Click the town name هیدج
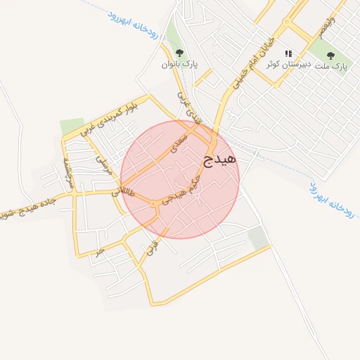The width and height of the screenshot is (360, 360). (x=220, y=160)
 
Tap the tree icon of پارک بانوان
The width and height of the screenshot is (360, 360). (x=179, y=53)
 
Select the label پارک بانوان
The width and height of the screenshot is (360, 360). (x=179, y=65)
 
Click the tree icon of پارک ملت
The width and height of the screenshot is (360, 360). (x=330, y=56)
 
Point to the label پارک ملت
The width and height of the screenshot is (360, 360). (x=330, y=67)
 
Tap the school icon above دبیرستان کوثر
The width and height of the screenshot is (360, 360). (x=288, y=53)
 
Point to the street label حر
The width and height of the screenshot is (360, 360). (x=101, y=251)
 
